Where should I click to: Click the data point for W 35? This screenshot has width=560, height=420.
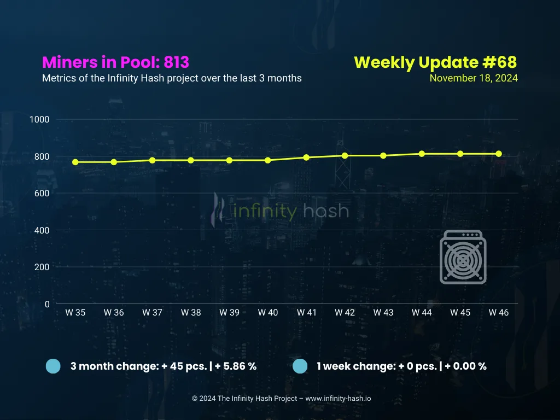coord(75,162)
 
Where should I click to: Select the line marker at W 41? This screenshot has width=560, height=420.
coord(306,157)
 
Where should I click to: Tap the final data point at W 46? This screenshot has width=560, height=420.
coord(499,154)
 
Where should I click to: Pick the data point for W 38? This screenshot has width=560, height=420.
coord(191,160)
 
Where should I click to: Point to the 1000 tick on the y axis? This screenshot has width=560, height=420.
coord(39,119)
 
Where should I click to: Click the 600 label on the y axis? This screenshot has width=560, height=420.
coord(42,193)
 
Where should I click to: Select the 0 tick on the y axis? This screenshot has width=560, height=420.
coord(47,304)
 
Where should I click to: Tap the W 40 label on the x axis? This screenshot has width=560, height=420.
coord(268,312)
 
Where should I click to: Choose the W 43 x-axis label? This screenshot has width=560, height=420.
coord(383,312)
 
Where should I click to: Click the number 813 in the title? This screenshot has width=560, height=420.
coord(177,62)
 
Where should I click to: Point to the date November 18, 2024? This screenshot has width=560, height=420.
coord(474,78)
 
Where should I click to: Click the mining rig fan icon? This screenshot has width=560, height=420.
coord(463,257)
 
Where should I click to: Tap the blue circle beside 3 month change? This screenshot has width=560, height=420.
coord(53,366)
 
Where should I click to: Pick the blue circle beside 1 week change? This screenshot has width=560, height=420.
coord(300,366)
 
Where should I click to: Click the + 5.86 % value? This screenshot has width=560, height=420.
coord(236,366)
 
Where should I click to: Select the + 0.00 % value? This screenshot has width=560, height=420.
coord(466,366)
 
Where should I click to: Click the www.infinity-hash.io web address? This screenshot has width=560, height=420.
coord(338,399)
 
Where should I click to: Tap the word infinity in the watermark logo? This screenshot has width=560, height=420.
coord(265,211)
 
